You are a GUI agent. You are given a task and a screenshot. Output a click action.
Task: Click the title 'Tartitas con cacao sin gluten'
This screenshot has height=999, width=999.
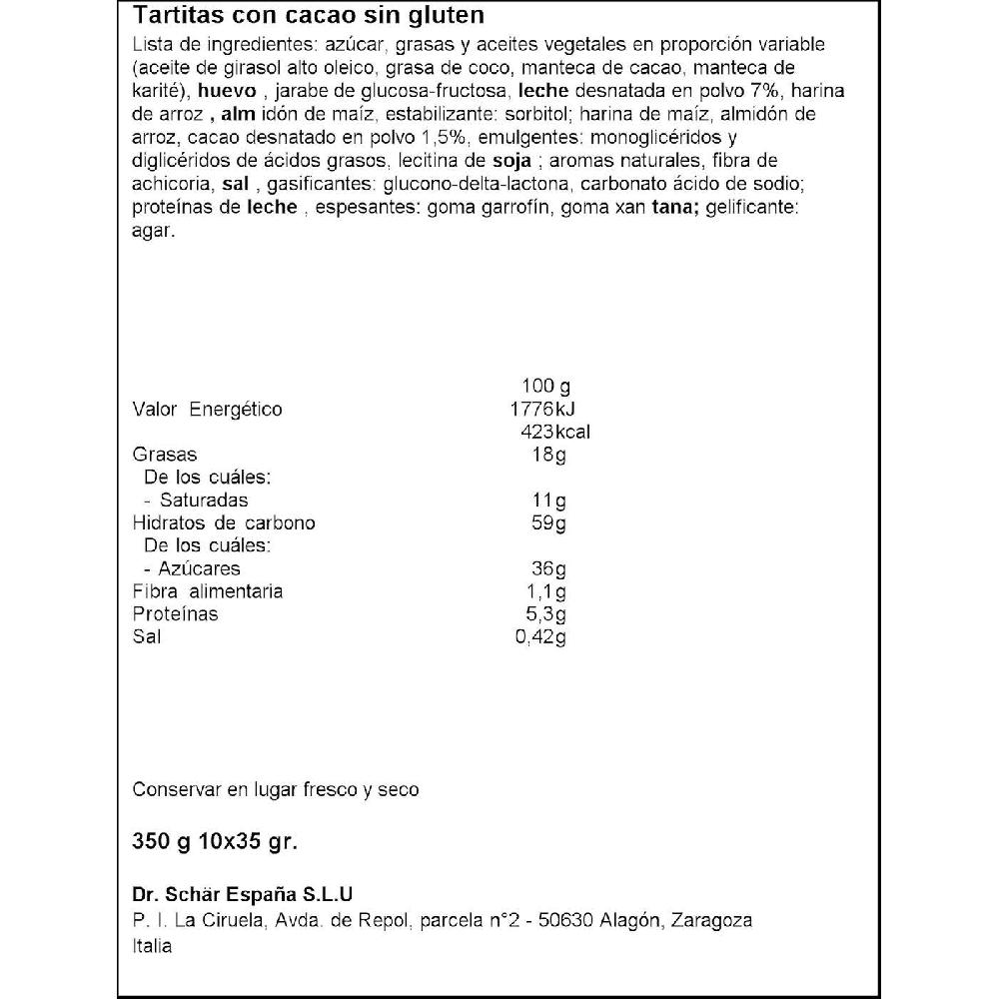[309, 16]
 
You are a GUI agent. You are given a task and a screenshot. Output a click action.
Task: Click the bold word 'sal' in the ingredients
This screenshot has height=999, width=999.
[236, 184]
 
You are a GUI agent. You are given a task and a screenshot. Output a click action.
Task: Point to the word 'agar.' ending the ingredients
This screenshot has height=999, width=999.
[154, 230]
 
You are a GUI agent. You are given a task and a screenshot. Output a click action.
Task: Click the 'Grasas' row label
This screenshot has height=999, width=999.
[165, 455]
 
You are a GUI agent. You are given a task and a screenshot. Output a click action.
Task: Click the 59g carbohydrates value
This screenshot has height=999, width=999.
[549, 522]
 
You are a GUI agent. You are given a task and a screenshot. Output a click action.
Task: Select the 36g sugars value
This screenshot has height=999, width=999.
[549, 568]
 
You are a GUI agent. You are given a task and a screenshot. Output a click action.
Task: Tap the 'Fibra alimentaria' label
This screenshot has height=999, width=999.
[208, 591]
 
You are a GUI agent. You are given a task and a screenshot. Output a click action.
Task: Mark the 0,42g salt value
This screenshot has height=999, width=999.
[540, 636]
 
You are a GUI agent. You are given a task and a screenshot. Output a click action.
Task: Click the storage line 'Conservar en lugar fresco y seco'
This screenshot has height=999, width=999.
[276, 790]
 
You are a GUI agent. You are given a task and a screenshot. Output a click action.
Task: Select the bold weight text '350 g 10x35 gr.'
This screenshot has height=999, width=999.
[215, 841]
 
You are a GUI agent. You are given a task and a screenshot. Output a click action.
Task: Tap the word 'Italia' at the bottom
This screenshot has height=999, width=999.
[152, 946]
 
